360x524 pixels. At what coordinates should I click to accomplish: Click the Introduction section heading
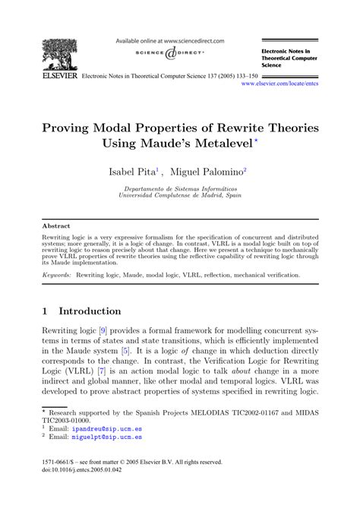tap(90, 311)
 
